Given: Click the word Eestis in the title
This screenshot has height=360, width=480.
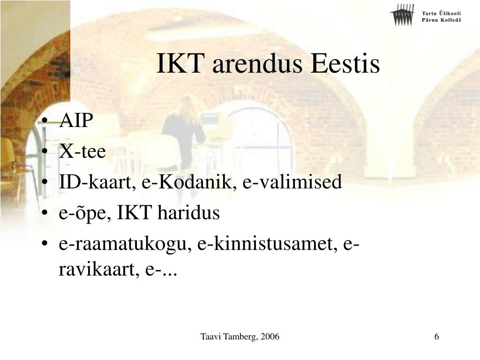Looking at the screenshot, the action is [345, 64].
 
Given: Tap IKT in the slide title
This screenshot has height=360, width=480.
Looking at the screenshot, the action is [180, 64].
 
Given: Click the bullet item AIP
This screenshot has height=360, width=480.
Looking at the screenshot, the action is [76, 120].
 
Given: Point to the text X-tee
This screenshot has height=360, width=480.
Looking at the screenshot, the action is [82, 151].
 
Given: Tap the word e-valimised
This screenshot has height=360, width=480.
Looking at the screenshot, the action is [292, 181].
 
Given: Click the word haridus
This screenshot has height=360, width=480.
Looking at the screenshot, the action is [188, 212].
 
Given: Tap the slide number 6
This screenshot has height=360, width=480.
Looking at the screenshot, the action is [436, 337].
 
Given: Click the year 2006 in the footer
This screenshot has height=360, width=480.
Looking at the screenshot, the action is [270, 337].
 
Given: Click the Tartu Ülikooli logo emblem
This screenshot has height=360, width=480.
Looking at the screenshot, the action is [402, 15].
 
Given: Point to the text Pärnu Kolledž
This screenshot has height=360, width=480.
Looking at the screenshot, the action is [441, 20].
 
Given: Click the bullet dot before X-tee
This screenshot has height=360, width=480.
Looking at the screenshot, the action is [45, 151].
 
